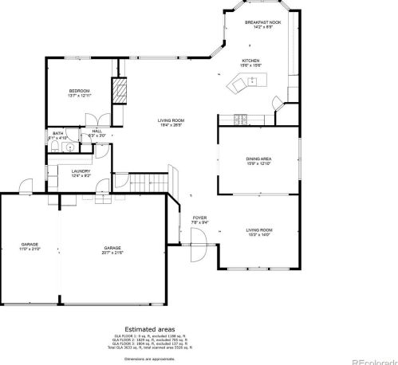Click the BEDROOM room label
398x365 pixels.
(79, 91)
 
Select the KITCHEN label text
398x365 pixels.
(251, 61)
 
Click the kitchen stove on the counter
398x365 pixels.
(238, 120)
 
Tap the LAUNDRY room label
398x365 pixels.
(80, 171)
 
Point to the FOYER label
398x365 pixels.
(199, 218)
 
